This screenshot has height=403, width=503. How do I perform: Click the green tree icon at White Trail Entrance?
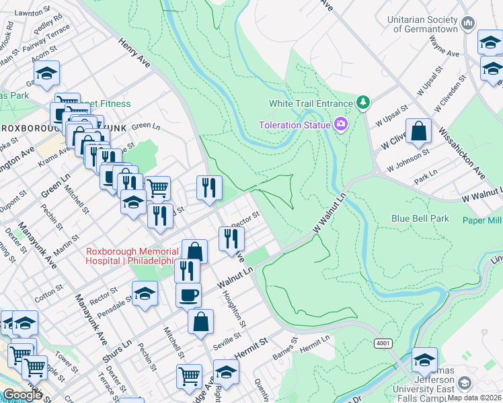pyautogui.click(x=363, y=103)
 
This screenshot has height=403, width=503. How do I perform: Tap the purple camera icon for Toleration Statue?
pyautogui.click(x=341, y=124)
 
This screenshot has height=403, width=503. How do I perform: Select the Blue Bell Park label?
pyautogui.click(x=420, y=219)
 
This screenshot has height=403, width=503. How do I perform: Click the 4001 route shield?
pyautogui.click(x=383, y=343)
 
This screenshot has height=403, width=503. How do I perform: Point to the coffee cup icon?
pyautogui.click(x=188, y=294)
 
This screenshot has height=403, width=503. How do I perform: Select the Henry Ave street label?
pyautogui.click(x=134, y=52)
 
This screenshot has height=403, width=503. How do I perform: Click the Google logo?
pyautogui.click(x=22, y=395)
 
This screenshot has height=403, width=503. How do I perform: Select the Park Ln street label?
pyautogui.click(x=426, y=177)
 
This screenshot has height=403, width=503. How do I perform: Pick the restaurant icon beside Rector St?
pyautogui.click(x=231, y=238)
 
